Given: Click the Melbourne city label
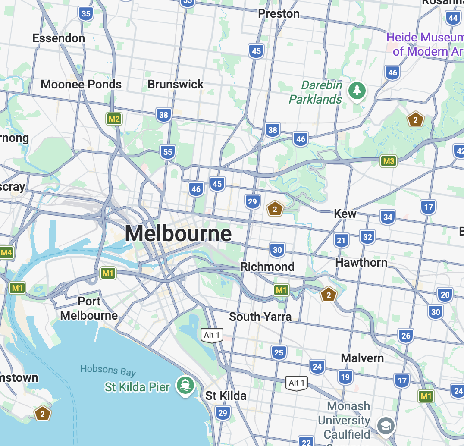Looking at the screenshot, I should click(x=178, y=234).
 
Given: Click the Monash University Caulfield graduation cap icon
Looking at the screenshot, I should click(x=385, y=426).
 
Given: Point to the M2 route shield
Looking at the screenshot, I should click(x=114, y=119).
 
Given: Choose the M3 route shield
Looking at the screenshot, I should click(x=389, y=161).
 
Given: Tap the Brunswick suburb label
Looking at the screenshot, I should click(x=176, y=84).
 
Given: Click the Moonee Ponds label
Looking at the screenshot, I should click(x=81, y=84).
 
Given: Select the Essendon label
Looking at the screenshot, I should click(x=59, y=38).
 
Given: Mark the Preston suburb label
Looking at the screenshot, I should click(x=279, y=14).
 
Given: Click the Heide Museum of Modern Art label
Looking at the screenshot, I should click(x=425, y=44).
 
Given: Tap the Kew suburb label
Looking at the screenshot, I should click(x=345, y=214).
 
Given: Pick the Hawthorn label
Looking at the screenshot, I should click(x=361, y=262).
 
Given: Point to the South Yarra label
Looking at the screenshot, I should click(x=260, y=317).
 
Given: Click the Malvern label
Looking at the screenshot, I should click(x=362, y=358).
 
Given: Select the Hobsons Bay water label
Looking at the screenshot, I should click(x=108, y=371).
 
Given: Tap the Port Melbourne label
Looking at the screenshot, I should click(x=89, y=308).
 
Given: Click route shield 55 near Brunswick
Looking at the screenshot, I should click(x=168, y=152).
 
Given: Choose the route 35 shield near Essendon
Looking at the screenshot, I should click(x=86, y=14).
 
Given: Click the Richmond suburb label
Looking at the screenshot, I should click(x=267, y=267).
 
